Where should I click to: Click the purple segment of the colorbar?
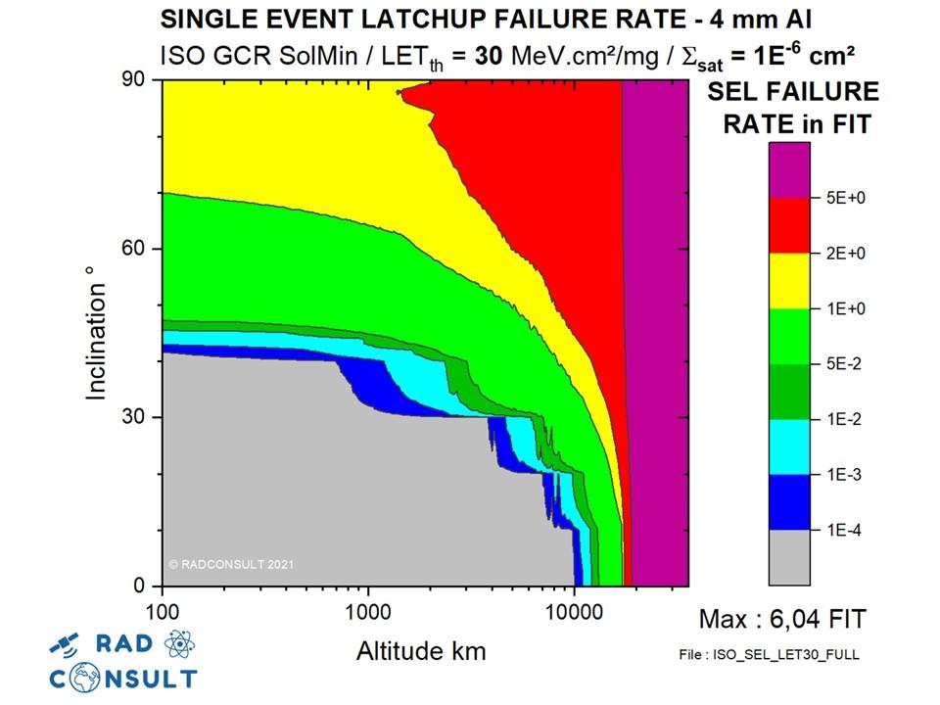789,170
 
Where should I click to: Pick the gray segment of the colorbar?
789,557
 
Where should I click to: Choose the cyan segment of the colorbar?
789,446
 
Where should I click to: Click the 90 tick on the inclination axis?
134,80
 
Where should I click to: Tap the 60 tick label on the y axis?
134,249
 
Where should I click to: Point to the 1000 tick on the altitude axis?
368,608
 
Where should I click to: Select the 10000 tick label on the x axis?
574,608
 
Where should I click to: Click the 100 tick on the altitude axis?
162,608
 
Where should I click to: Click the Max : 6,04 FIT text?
782,619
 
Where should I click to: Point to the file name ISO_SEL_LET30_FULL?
768,654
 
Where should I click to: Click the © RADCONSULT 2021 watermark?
231,564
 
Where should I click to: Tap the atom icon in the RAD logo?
177,643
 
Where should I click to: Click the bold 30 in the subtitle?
489,55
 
